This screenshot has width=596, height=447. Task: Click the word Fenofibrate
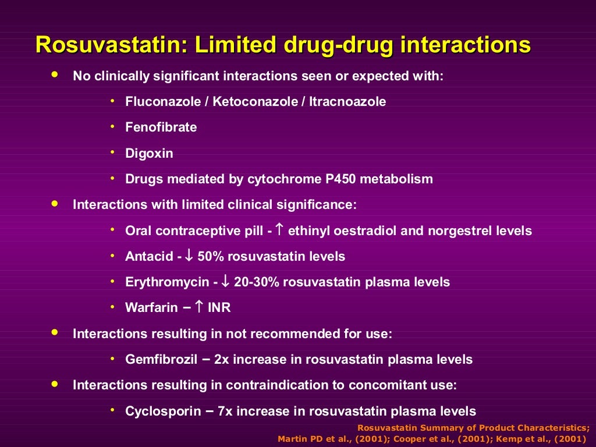coord(161,127)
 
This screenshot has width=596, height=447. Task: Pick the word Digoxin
coord(149,154)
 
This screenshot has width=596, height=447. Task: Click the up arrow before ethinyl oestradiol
coord(279,230)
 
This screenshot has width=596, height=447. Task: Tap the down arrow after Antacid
coord(189,256)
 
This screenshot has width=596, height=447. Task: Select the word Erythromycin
coord(167,282)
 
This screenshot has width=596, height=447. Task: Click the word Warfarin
coord(151,308)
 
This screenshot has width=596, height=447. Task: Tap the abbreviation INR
coord(219,308)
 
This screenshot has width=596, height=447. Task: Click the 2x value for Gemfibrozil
coord(222,360)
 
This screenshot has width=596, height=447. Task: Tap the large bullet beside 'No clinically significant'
coord(55,75)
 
